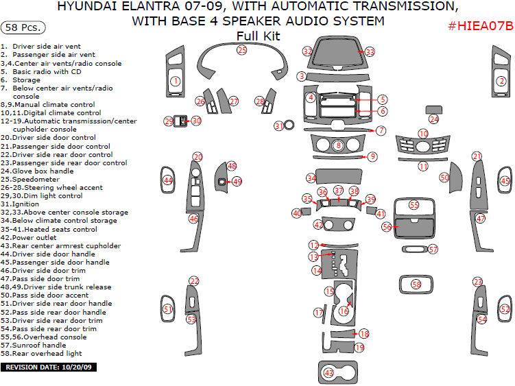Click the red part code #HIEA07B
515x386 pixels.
coord(480,26)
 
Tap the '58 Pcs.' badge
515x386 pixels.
coord(24,28)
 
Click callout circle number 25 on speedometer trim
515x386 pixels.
coord(242,50)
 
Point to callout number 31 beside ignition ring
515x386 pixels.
coord(279,126)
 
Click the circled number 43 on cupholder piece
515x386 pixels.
coord(329,372)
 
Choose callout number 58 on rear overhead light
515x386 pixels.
coord(416,284)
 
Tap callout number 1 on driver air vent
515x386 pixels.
coord(176,81)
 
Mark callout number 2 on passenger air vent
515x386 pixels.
coord(501,81)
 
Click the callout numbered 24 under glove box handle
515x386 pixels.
coord(433,119)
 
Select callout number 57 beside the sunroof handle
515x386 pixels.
coord(433,249)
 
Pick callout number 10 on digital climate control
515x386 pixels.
coord(424,134)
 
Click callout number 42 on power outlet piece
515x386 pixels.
coord(318,225)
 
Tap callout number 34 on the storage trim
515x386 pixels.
coord(311,178)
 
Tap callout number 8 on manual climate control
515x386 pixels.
coord(338,145)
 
